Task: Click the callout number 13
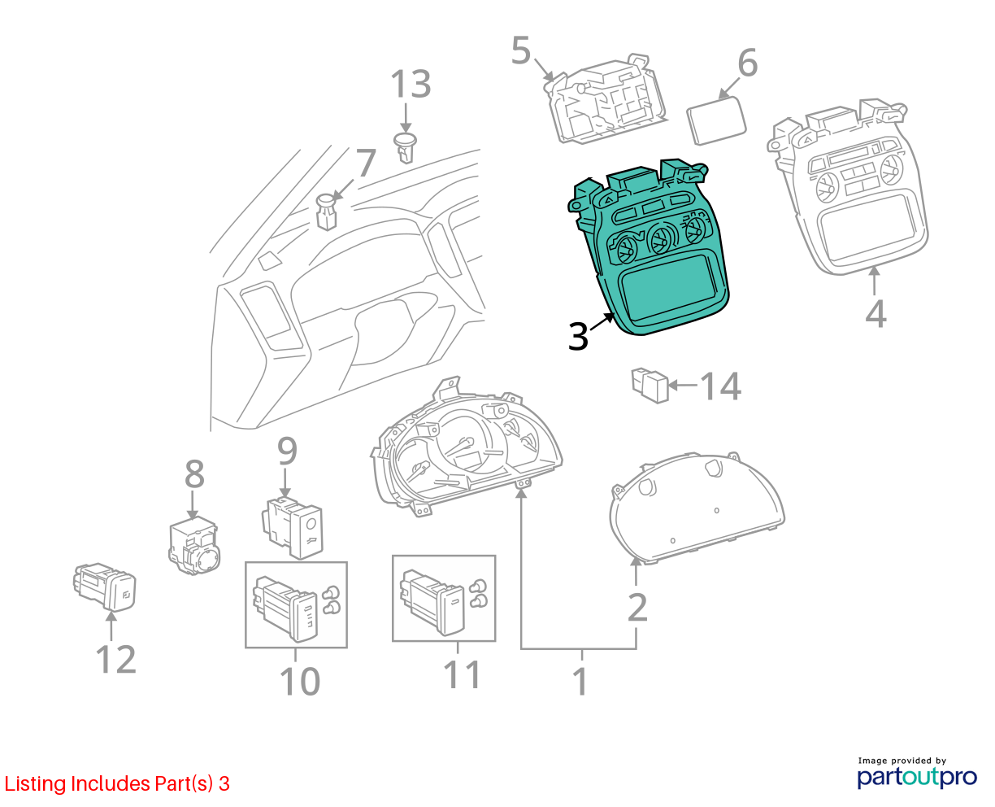point(411,84)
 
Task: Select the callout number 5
point(521,50)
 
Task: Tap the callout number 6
point(747,63)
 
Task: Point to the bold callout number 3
point(578,336)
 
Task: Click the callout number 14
point(721,386)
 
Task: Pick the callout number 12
point(116,659)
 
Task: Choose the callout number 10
point(300,682)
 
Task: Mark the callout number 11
point(462,674)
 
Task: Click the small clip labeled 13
point(405,147)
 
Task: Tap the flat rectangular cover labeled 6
point(715,120)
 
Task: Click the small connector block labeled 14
point(650,386)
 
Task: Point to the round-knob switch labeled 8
point(193,546)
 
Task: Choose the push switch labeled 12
point(105,587)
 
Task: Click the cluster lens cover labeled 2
point(697,508)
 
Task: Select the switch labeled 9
point(293,528)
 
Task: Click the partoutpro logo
point(917,778)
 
